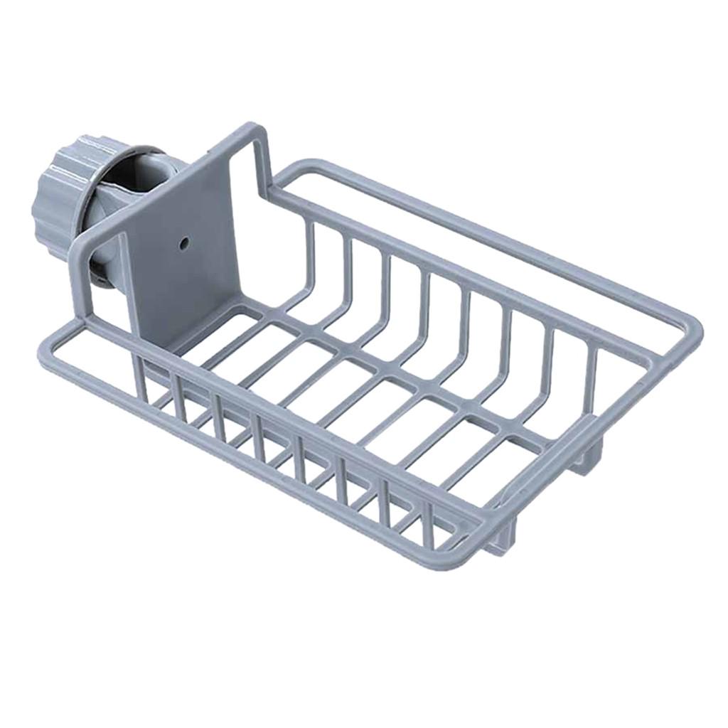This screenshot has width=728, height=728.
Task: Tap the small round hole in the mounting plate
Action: [x=183, y=243]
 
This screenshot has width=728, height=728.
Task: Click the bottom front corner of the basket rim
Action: [x=455, y=562]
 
